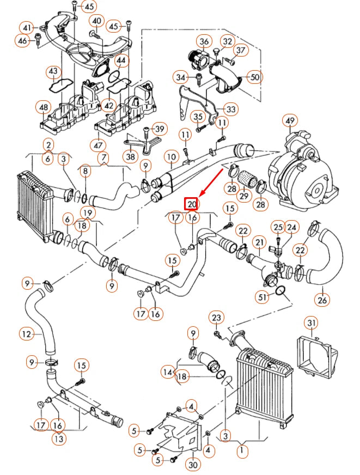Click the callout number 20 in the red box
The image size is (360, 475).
point(191,204)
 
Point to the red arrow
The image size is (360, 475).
point(211,182)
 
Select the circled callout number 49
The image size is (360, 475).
point(290,120)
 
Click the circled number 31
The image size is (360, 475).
point(311,324)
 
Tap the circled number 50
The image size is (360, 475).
point(254,77)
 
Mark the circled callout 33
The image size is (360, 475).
point(231,110)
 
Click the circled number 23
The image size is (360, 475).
point(217,318)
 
